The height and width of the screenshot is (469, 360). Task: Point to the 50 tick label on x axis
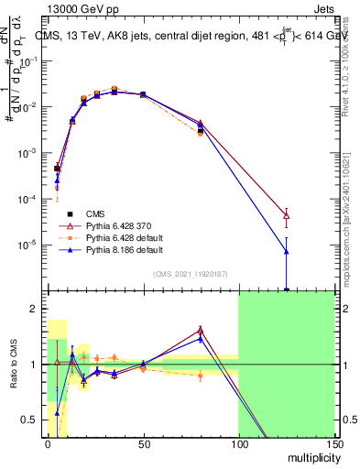tap(143, 443)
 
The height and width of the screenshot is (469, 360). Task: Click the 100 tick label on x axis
tap(238, 443)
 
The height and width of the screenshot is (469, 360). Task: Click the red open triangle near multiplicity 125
tap(286, 216)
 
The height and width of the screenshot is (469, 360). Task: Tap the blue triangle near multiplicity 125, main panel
tap(286, 251)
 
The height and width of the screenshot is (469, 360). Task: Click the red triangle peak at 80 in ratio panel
tap(200, 330)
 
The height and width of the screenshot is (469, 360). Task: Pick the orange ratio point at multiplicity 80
tap(200, 376)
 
